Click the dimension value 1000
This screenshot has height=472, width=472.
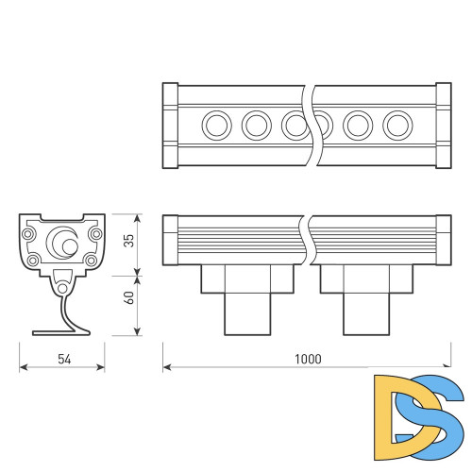click(308, 359)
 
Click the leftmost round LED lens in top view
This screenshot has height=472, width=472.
click(216, 124)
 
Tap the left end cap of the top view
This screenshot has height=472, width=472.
click(170, 125)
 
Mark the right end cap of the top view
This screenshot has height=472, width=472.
click(443, 125)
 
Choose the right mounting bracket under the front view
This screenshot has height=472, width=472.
click(365, 297)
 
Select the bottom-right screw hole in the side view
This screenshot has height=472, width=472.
click(92, 260)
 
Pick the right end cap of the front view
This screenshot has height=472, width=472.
click(443, 240)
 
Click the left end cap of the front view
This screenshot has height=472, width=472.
click(170, 240)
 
